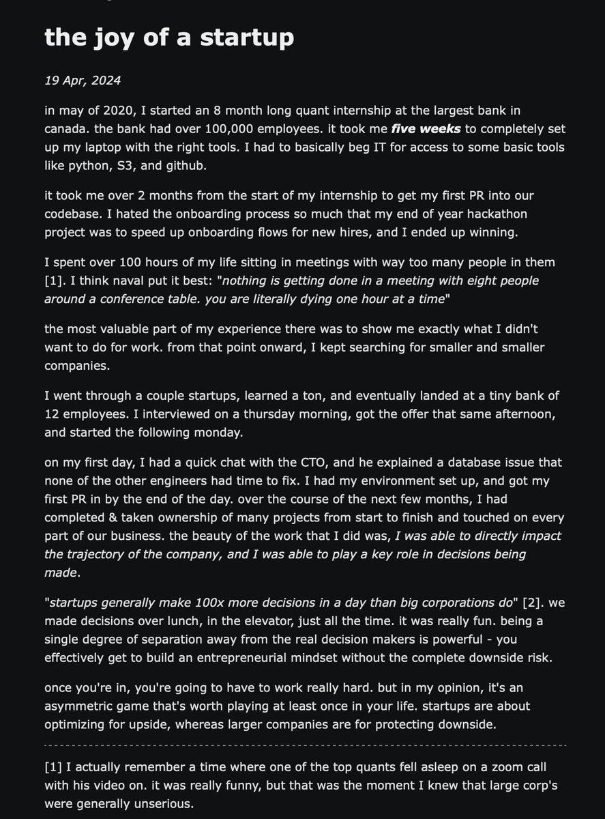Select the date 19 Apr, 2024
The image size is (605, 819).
[x=83, y=81]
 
